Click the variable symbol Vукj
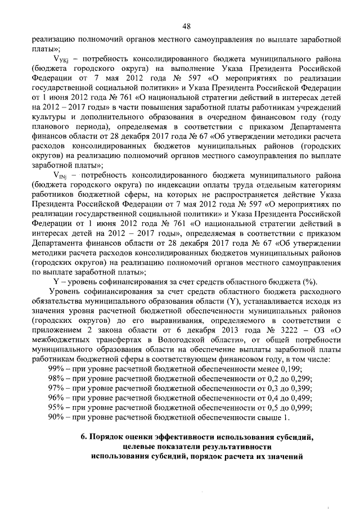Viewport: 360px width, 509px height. (x=62, y=58)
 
